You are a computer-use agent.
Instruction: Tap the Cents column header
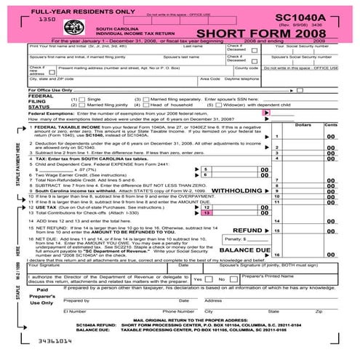pos(331,125)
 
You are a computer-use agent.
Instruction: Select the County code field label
pos(247,68)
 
